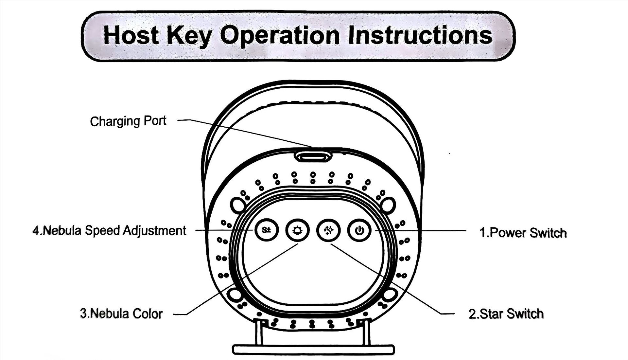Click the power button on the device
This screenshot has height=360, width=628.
coord(359,230)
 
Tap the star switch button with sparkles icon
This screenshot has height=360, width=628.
coord(328,230)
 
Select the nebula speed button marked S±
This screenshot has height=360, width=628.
coord(267,230)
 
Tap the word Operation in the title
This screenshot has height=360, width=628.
coord(280,35)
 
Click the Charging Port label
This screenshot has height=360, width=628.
coord(128,121)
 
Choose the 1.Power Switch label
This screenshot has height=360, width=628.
coord(523,233)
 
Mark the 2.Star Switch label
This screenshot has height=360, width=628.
coord(506,314)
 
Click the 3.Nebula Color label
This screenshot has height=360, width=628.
coord(121,314)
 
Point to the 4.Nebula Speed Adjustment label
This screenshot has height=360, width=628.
coord(109,230)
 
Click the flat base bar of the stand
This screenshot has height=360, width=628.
coord(313,349)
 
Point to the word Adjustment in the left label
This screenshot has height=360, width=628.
coord(154,231)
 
